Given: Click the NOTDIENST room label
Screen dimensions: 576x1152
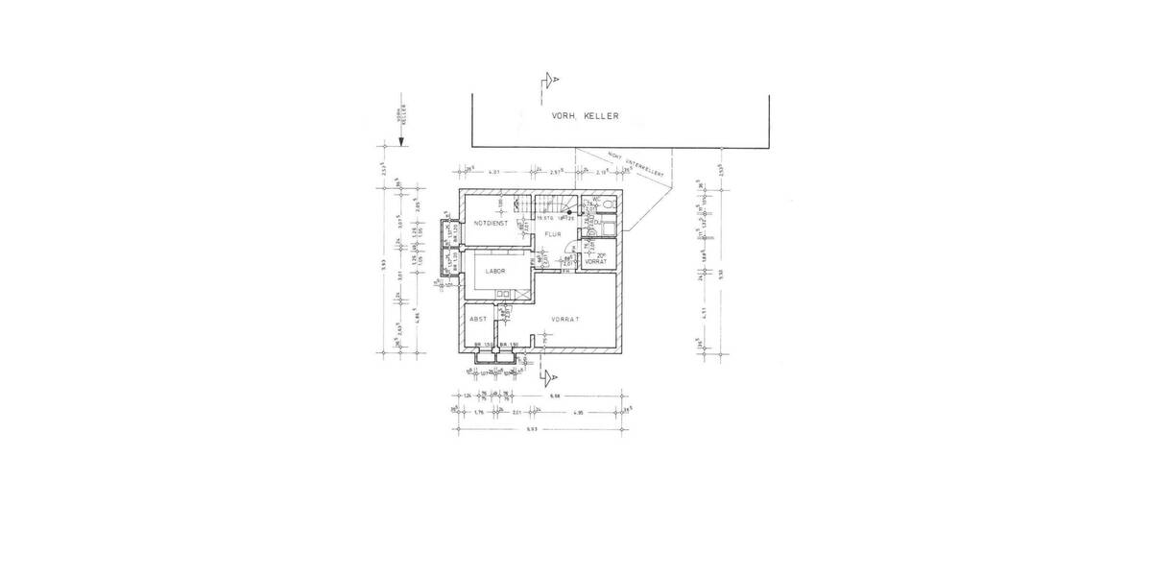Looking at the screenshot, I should [x=490, y=223].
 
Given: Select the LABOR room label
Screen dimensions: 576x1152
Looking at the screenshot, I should [x=494, y=271].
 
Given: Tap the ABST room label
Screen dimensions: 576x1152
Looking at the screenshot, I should [x=477, y=319].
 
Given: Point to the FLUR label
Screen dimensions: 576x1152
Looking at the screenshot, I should [x=553, y=233].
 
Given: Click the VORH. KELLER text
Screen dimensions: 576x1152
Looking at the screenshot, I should [x=585, y=116].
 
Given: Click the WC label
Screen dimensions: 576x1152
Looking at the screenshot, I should [x=596, y=200].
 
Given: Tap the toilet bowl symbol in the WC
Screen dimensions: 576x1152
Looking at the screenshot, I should [x=611, y=204].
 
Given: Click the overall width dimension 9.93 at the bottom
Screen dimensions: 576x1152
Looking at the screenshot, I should [x=531, y=428].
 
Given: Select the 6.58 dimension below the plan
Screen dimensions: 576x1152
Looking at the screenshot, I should [x=553, y=395].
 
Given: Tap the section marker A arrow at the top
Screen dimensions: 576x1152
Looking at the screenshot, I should [x=549, y=80].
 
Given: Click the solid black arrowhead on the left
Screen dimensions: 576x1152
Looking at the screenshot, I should [x=403, y=140].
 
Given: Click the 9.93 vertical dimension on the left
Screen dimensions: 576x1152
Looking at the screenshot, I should [x=381, y=266].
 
